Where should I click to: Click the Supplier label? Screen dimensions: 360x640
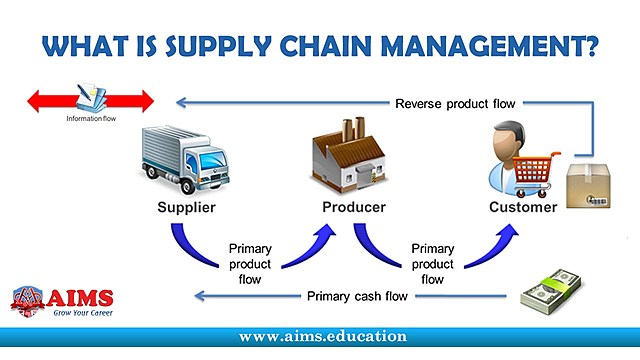[187, 208]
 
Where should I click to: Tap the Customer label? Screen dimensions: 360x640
[522, 208]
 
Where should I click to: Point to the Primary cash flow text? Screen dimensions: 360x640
[359, 295]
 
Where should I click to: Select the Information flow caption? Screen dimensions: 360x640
[91, 120]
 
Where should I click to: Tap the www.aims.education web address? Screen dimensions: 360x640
[323, 337]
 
